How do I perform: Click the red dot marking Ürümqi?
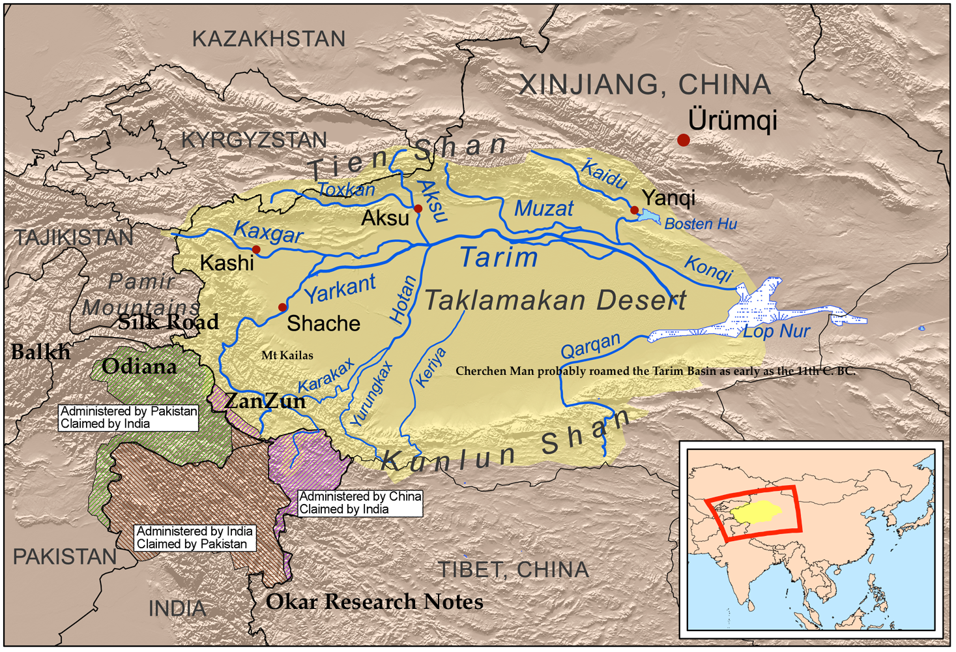[x=683, y=140]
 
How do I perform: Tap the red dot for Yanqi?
[x=634, y=210]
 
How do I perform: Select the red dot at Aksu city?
[x=418, y=209]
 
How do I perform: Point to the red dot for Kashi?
[x=256, y=250]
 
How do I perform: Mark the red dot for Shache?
[x=282, y=307]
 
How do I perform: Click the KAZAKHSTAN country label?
[x=268, y=39]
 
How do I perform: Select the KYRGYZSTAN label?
[x=253, y=140]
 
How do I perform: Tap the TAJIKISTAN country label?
[x=74, y=237]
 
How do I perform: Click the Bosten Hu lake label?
[x=701, y=224]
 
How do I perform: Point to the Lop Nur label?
[x=776, y=331]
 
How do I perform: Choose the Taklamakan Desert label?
[x=555, y=301]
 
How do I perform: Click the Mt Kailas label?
[x=287, y=355]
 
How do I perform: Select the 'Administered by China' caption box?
[x=360, y=503]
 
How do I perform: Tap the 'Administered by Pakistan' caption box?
[x=128, y=417]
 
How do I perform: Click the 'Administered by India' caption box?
[x=194, y=538]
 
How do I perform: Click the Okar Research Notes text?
[x=374, y=601]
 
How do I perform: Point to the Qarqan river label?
[x=590, y=346]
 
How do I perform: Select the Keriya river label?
[x=430, y=368]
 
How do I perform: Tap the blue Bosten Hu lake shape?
[x=649, y=216]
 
